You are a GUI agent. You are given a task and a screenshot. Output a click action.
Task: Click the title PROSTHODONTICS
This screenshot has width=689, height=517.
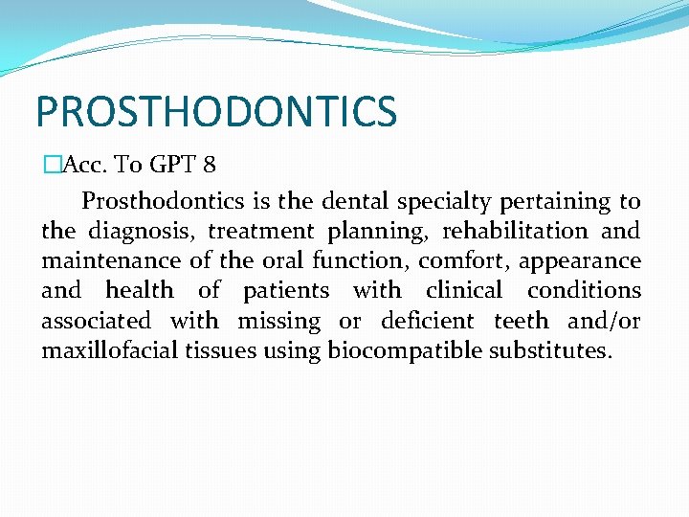click(215, 111)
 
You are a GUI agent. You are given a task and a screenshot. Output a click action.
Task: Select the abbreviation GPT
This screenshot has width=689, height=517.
click(173, 165)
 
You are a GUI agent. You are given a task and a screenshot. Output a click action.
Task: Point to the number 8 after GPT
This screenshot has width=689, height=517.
click(210, 165)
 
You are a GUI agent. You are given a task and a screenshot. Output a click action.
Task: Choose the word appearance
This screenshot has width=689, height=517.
click(580, 261)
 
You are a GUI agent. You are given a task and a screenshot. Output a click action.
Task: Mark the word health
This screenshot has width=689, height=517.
click(140, 290)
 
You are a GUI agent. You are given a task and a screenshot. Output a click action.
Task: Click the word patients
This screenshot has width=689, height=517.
click(285, 290)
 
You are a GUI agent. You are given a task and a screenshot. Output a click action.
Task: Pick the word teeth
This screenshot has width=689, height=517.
click(522, 321)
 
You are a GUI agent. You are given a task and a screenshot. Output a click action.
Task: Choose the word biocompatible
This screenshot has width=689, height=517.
click(405, 351)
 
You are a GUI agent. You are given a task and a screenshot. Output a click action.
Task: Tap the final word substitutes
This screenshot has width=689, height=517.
click(549, 350)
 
